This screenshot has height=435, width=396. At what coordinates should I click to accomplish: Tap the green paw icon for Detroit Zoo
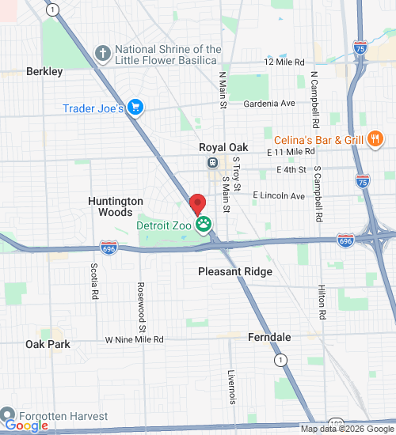point(204,225)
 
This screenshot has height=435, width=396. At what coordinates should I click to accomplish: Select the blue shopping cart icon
point(135,108)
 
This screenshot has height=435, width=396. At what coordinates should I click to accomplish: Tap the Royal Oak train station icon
point(212,163)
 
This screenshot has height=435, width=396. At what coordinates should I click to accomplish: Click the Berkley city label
point(44,71)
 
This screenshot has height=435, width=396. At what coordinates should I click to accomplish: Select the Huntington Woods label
point(116,206)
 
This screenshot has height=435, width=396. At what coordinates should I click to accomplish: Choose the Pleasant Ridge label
point(234,271)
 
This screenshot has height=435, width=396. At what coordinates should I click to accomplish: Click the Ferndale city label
point(269,337)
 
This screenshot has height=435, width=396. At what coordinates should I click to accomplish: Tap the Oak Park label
point(48,344)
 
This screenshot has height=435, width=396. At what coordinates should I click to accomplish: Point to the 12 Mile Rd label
point(284,62)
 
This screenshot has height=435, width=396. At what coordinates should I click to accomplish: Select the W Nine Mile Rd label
point(134,339)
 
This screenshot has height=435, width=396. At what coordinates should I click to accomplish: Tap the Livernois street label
point(232,386)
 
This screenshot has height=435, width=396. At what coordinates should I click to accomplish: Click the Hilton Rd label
point(322,302)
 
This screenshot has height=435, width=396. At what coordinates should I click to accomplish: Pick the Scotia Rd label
point(94,281)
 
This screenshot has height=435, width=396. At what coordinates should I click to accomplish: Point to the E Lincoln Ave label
point(279,195)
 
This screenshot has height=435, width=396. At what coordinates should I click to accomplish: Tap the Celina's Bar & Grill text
point(319,140)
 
